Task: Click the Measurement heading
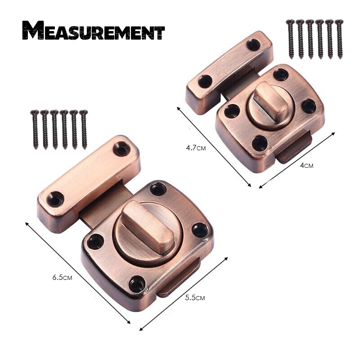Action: [x=94, y=30]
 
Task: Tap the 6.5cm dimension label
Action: [x=62, y=277]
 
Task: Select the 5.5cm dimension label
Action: [x=195, y=298]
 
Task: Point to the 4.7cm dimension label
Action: [x=196, y=148]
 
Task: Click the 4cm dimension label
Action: [x=306, y=165]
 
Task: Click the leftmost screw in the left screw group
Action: [x=35, y=130]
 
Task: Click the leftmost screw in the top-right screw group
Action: [x=290, y=39]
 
